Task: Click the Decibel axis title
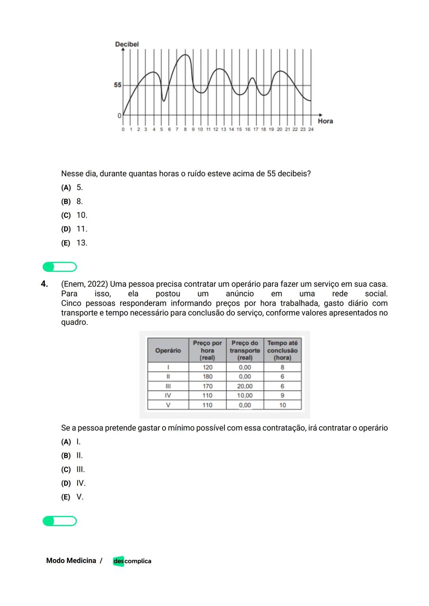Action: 127,44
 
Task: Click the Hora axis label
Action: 325,121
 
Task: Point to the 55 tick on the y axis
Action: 118,85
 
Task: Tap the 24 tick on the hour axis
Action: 311,130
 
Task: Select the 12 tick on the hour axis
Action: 216,130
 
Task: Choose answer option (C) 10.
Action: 74,215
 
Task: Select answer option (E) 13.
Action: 74,243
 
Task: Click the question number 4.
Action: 44,284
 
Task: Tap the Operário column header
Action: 168,350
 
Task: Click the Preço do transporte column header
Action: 245,350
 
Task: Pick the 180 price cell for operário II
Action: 207,377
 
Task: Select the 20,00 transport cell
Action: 245,386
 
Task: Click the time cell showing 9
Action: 282,396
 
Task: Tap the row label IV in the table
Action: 168,396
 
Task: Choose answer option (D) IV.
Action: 73,483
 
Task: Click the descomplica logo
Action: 132,561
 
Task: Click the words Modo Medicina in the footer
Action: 71,561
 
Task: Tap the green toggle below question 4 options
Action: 60,521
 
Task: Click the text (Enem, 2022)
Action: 84,284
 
